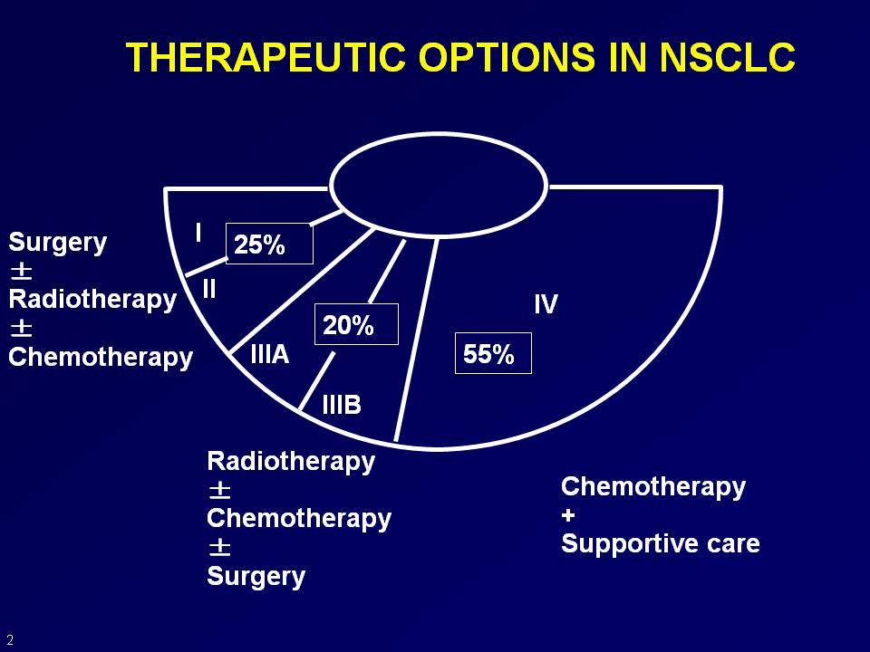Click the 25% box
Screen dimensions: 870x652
coord(270,244)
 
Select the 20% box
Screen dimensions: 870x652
coord(356,324)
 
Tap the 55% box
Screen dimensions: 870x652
coord(493,353)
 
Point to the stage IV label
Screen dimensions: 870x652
coord(546,304)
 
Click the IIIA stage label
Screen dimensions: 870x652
coord(270,354)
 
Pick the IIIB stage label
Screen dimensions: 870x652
coord(342,405)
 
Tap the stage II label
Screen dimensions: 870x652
coord(209,289)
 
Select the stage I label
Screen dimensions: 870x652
coord(198,233)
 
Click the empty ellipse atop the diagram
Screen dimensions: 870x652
coord(439,134)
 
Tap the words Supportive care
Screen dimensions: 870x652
coord(661,544)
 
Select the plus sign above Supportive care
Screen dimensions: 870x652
coord(568,515)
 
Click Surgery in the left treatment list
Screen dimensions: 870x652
coord(58,244)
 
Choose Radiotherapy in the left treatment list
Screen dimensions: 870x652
coord(92,300)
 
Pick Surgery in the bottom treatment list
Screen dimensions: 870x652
coord(256,577)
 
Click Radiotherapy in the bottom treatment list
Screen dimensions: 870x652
coord(291,462)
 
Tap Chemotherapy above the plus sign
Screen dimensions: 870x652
coord(653,487)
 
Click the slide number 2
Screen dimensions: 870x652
coord(10,640)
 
